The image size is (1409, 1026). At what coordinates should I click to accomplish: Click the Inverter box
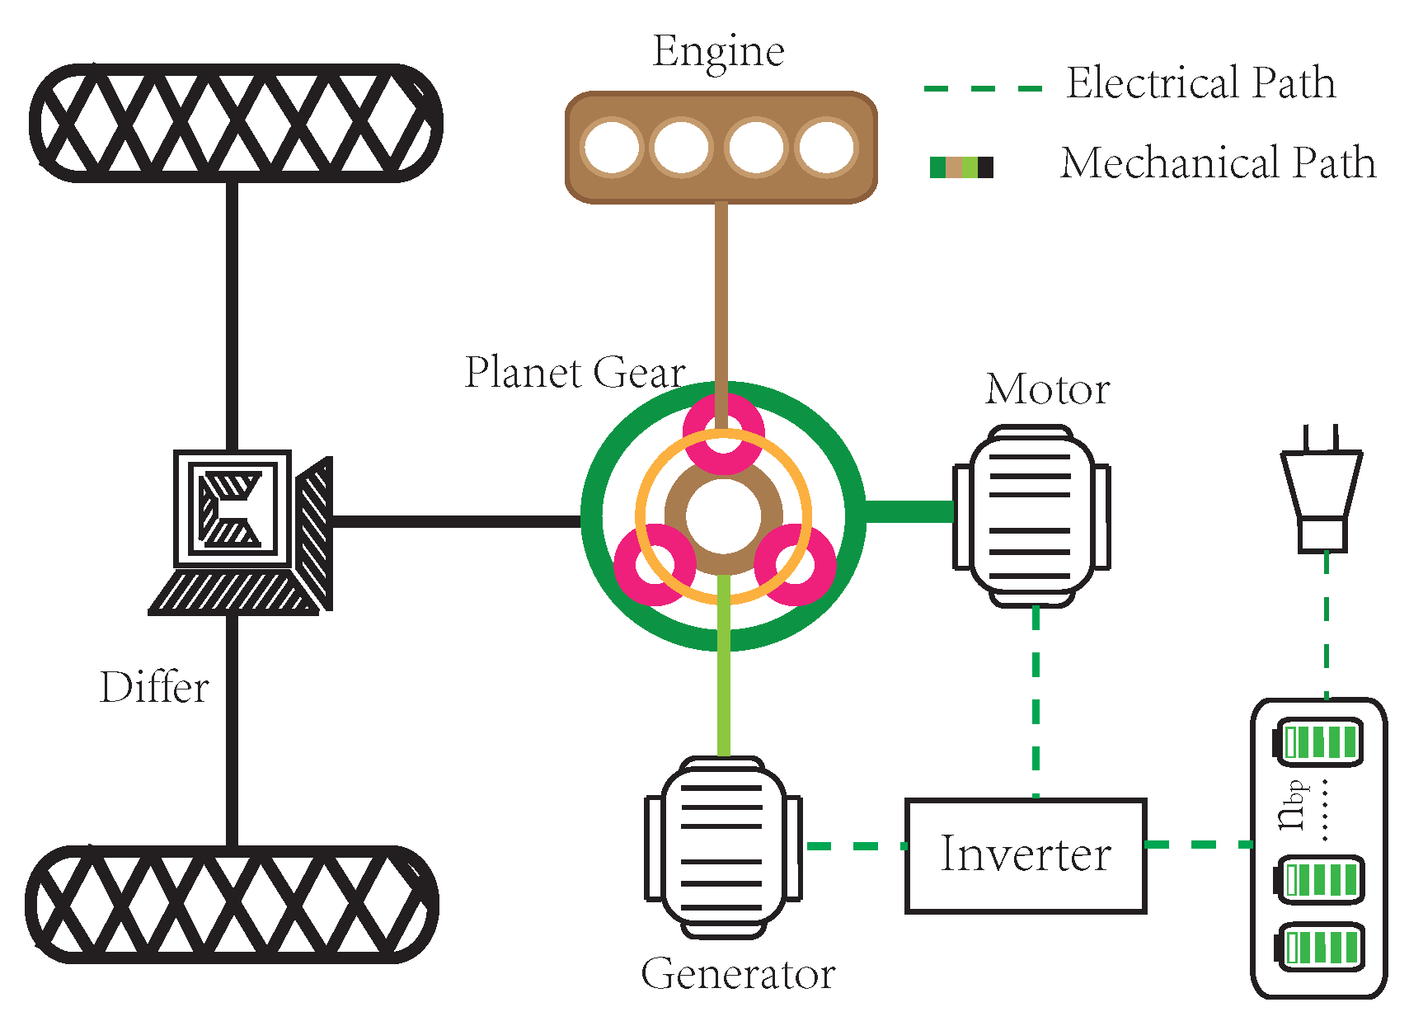(1026, 855)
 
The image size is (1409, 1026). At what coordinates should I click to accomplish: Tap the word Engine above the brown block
(719, 53)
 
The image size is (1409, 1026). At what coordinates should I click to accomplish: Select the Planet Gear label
(575, 372)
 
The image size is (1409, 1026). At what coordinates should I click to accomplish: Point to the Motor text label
(1047, 388)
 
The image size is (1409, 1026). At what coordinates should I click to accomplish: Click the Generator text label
(739, 974)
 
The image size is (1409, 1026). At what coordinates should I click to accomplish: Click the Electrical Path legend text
(1200, 82)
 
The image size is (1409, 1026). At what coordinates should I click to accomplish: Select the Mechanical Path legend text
(1219, 162)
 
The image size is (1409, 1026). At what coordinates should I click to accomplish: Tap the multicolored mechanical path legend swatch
(961, 167)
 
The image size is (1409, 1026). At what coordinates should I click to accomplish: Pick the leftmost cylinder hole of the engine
(612, 147)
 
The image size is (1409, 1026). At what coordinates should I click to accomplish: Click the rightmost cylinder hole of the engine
(826, 147)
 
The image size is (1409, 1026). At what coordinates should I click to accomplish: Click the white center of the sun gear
(723, 515)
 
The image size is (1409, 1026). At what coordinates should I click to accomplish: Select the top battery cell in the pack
(1317, 743)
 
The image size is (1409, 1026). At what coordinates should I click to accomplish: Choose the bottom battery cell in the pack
(1319, 948)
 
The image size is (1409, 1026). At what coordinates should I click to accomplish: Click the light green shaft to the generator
(724, 666)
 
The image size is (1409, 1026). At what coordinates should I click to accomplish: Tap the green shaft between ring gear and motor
(909, 511)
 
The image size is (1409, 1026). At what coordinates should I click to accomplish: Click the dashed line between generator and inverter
(857, 846)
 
